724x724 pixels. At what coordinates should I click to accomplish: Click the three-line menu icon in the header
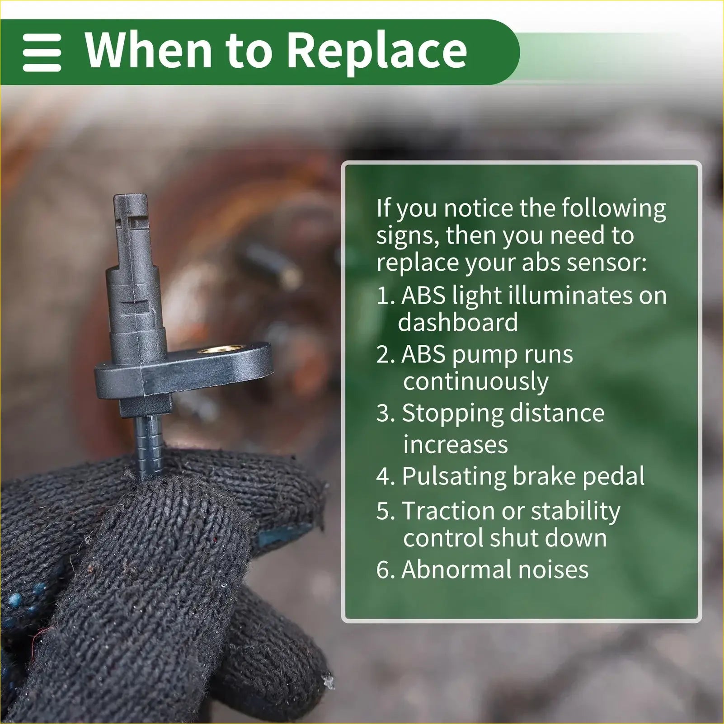click(x=42, y=53)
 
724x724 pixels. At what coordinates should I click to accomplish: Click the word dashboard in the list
click(x=458, y=322)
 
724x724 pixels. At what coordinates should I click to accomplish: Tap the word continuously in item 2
click(x=476, y=382)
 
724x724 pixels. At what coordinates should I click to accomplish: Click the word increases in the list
click(x=456, y=445)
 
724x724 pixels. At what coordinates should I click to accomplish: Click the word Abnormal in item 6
click(x=456, y=569)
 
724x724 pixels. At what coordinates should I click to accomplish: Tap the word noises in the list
click(x=554, y=569)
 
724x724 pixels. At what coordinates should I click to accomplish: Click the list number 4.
click(x=386, y=477)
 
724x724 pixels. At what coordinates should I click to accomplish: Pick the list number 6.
click(x=386, y=569)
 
